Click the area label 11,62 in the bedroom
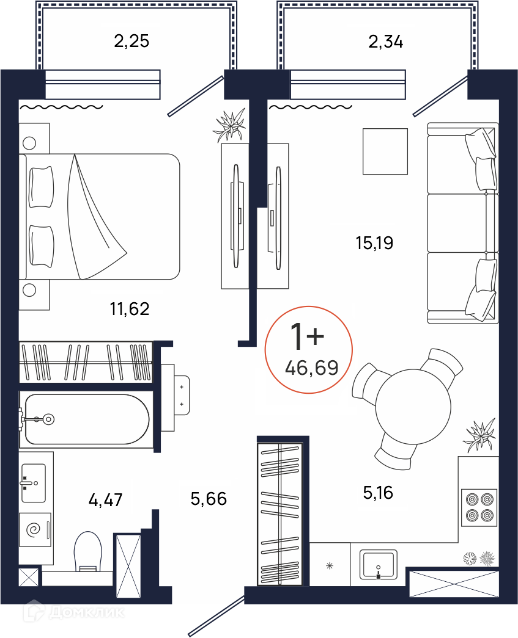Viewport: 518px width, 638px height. pyautogui.click(x=130, y=309)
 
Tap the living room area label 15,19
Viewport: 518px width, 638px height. pyautogui.click(x=374, y=243)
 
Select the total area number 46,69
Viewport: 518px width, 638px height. pyautogui.click(x=312, y=368)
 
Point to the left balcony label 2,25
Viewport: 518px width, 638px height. pyautogui.click(x=131, y=41)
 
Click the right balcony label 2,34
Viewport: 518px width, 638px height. pyautogui.click(x=385, y=42)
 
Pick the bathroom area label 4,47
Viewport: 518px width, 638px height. pyautogui.click(x=106, y=499)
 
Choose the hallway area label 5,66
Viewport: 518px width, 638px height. pyautogui.click(x=209, y=498)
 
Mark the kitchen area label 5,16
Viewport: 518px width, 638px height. pyautogui.click(x=378, y=493)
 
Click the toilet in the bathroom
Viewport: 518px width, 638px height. pyautogui.click(x=87, y=552)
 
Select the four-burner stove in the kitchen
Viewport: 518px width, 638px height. pyautogui.click(x=479, y=507)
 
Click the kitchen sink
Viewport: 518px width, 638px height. pyautogui.click(x=379, y=564)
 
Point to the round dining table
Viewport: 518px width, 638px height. pyautogui.click(x=413, y=407)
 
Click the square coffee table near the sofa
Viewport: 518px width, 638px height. pyautogui.click(x=385, y=151)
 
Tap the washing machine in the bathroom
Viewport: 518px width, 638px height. pyautogui.click(x=35, y=529)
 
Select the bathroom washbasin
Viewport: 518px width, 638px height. pyautogui.click(x=34, y=483)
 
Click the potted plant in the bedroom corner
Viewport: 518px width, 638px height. pyautogui.click(x=230, y=125)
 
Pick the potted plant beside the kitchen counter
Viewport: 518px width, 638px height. pyautogui.click(x=480, y=435)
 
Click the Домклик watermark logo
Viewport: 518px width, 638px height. pyautogui.click(x=73, y=612)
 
